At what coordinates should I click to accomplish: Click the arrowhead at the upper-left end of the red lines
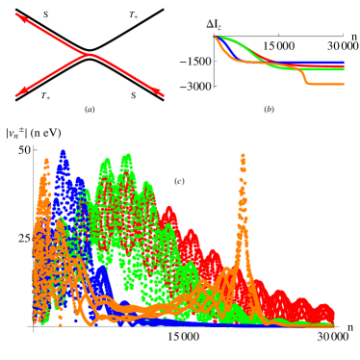16,14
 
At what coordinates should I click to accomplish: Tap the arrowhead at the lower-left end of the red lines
16,96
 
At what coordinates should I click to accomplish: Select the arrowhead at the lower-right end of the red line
163,95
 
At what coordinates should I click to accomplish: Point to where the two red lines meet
90,54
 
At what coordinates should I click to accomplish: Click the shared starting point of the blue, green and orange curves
214,38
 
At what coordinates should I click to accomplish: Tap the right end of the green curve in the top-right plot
343,69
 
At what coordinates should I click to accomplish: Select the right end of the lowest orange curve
343,85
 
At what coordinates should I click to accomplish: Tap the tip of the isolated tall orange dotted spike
243,155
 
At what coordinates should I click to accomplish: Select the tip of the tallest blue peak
63,151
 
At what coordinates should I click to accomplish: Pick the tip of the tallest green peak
127,156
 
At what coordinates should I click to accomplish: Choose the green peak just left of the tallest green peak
107,162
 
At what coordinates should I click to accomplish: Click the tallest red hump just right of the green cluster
168,208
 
